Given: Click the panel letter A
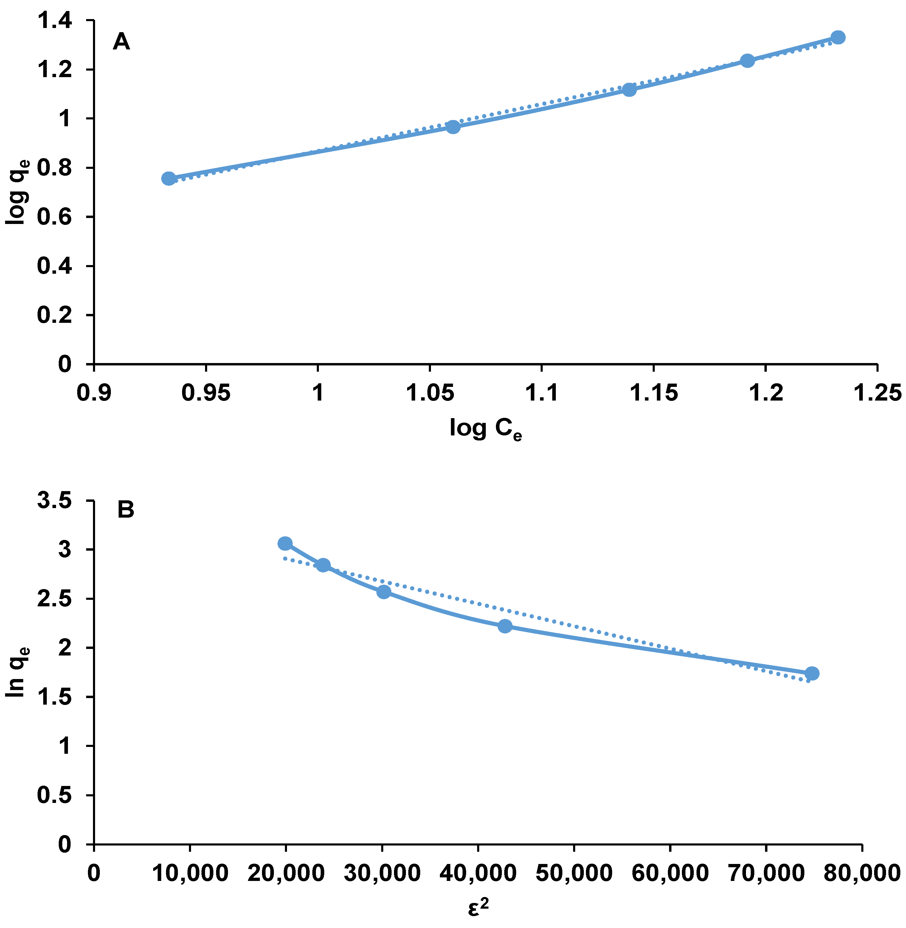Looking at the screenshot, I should tap(121, 42).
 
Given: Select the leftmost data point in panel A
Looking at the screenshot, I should tap(168, 178).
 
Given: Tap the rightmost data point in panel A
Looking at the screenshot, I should tap(838, 38).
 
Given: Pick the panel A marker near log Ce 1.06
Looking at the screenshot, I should tap(453, 127).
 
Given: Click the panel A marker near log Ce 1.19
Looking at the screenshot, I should tap(747, 61).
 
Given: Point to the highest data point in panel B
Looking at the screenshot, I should tap(285, 544).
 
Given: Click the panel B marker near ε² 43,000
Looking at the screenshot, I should tap(505, 626).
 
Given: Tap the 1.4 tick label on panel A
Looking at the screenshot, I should tap(55, 21).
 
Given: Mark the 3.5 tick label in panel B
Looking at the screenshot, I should tap(55, 501).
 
